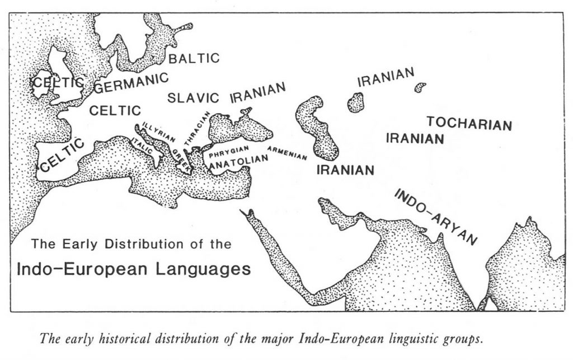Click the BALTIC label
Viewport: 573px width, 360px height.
pos(194,58)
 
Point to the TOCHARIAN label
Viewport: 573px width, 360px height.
pos(469,123)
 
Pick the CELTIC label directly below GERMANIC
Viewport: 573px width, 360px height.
pos(115,110)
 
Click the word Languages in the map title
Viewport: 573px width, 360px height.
pos(204,269)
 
